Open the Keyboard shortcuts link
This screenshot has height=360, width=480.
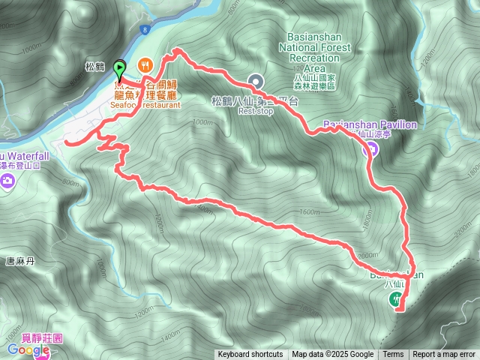click(x=250, y=355)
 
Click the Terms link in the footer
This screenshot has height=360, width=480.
click(x=393, y=355)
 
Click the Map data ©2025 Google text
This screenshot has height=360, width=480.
click(x=333, y=355)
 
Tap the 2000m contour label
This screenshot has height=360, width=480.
click(x=367, y=256)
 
